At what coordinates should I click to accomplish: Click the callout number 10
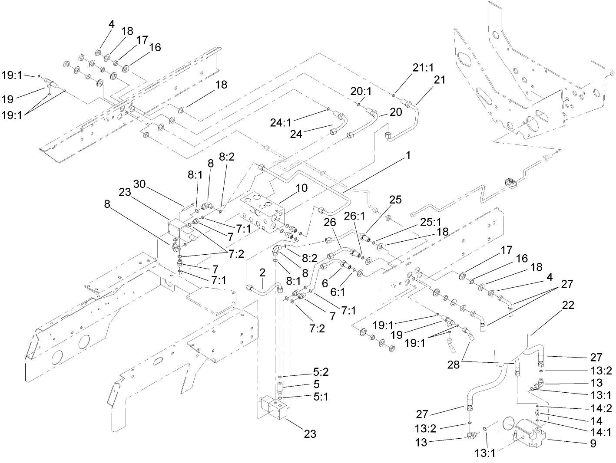(x=301, y=188)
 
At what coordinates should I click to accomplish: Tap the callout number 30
(x=139, y=184)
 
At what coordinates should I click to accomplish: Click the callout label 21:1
(x=423, y=67)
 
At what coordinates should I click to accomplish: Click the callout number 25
(x=395, y=200)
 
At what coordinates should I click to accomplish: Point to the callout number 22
(x=568, y=305)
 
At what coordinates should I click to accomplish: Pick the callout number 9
(x=593, y=443)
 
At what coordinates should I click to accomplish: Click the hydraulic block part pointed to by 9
(x=530, y=434)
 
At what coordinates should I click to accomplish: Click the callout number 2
(x=262, y=272)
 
